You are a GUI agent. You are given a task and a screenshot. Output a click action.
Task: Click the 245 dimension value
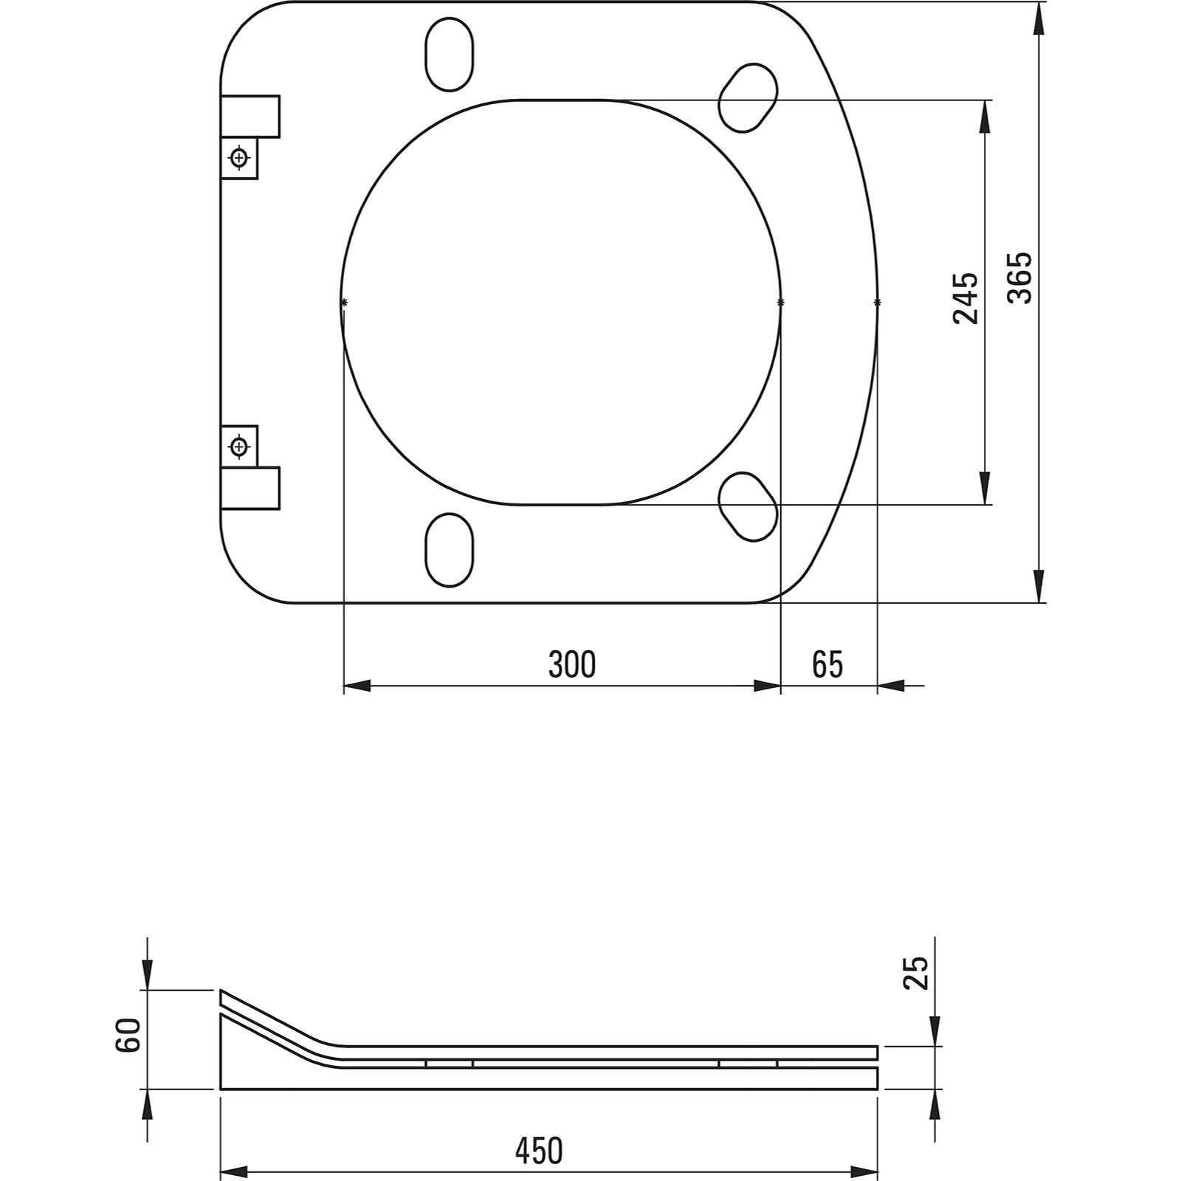[x=965, y=297]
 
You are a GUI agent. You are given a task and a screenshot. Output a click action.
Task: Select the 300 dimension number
[x=571, y=664]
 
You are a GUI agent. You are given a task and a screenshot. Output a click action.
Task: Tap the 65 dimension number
[x=827, y=664]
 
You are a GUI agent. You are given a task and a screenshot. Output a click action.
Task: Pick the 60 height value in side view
[x=128, y=1036]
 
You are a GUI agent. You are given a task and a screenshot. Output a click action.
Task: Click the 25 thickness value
[x=915, y=973]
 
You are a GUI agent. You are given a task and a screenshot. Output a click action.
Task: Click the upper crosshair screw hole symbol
[x=238, y=157]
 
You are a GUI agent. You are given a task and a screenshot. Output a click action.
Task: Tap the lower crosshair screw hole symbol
[x=238, y=446]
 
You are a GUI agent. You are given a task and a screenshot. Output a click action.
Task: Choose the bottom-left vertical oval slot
[x=449, y=550]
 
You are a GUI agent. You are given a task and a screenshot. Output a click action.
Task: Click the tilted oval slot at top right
[x=748, y=98]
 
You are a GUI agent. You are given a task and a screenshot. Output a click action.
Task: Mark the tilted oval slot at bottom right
[x=748, y=506]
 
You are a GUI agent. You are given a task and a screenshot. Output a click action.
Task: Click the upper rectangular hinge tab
[x=250, y=116]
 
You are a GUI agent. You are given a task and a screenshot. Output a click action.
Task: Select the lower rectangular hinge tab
[x=250, y=488]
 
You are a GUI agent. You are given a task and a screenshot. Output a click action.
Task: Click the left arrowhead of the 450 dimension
[x=233, y=1171]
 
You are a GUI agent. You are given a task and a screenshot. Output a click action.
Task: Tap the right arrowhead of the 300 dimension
[x=768, y=686]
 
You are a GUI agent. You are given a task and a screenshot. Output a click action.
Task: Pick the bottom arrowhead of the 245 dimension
[x=985, y=491]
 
